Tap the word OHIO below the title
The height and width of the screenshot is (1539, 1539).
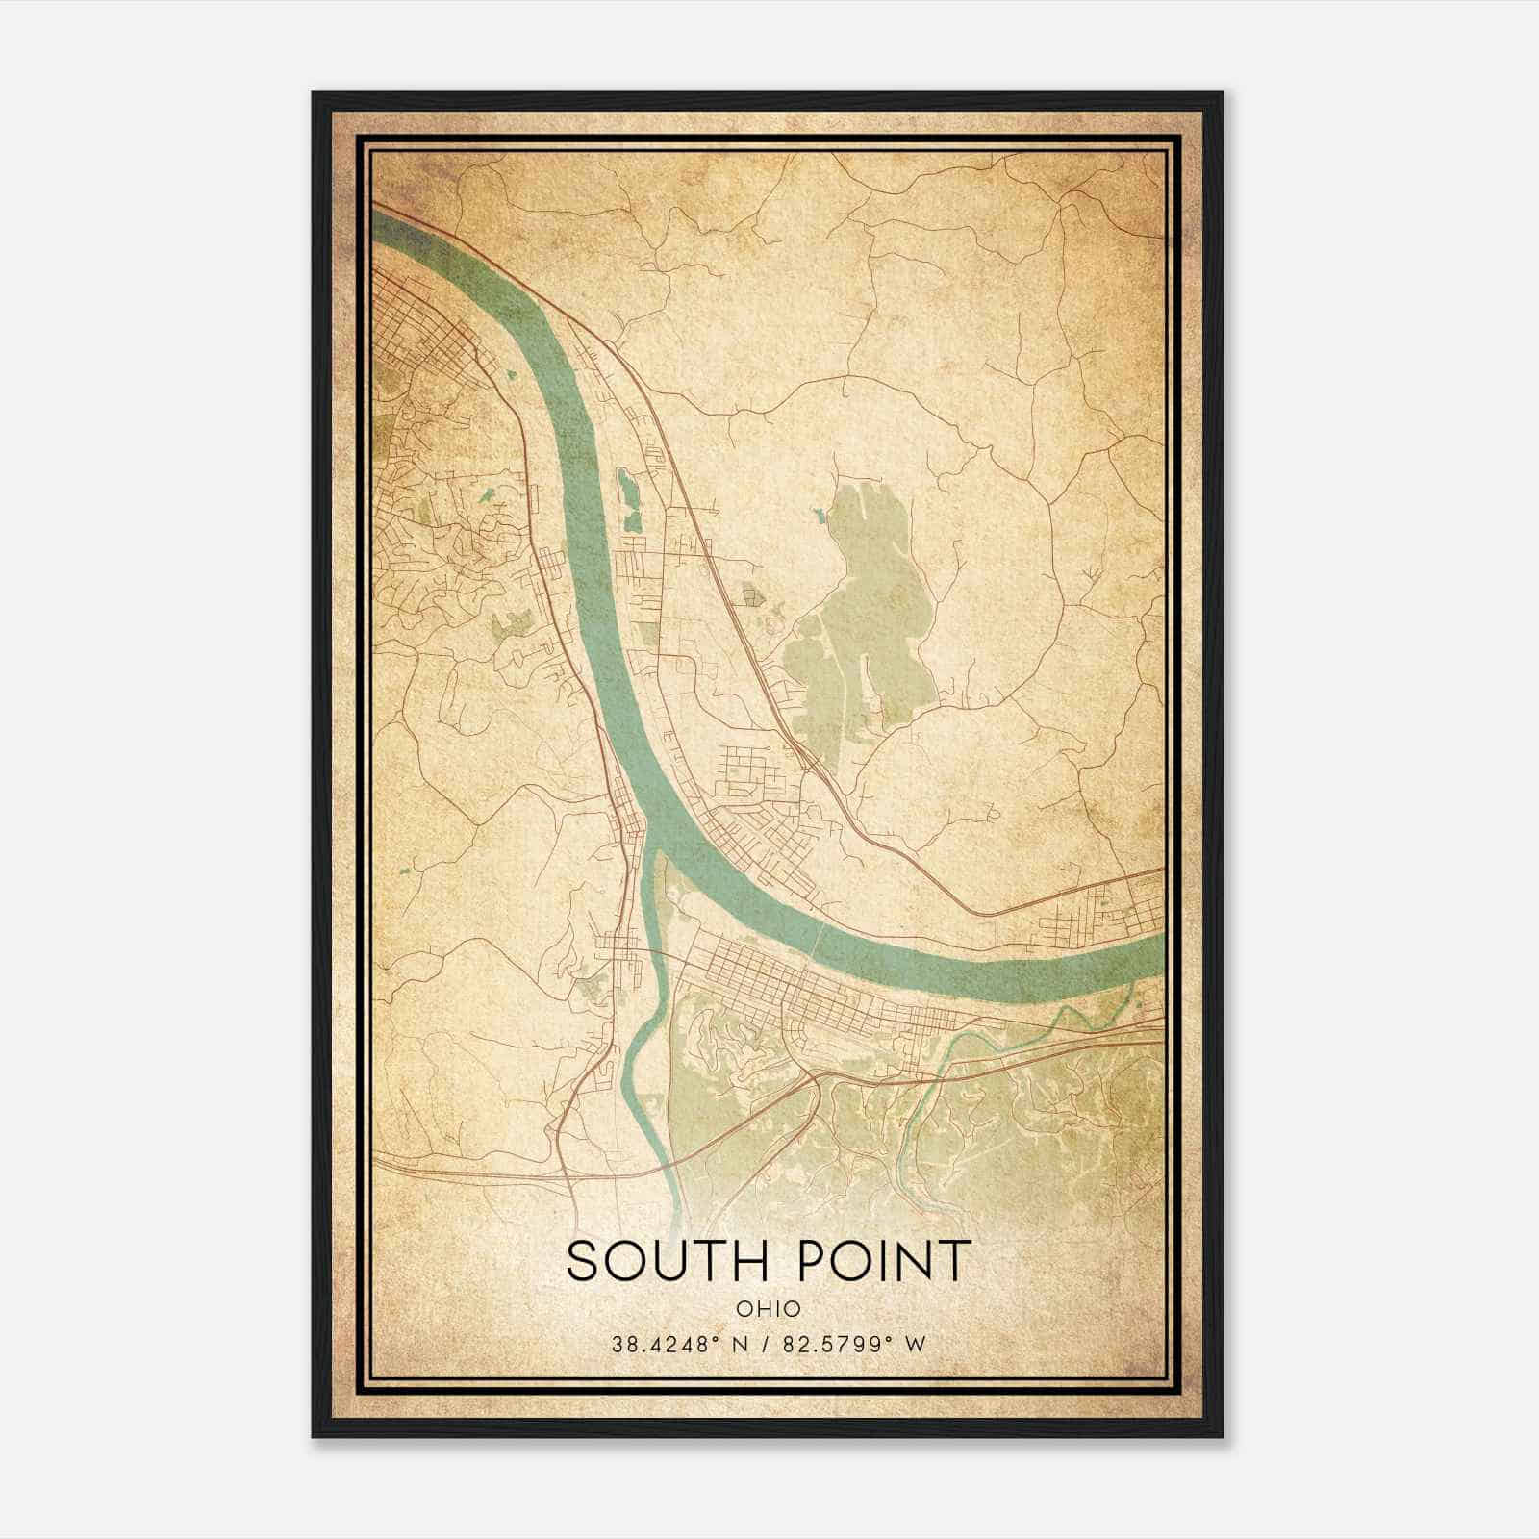coord(768,1308)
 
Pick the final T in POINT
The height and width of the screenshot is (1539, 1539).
coord(952,1260)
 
